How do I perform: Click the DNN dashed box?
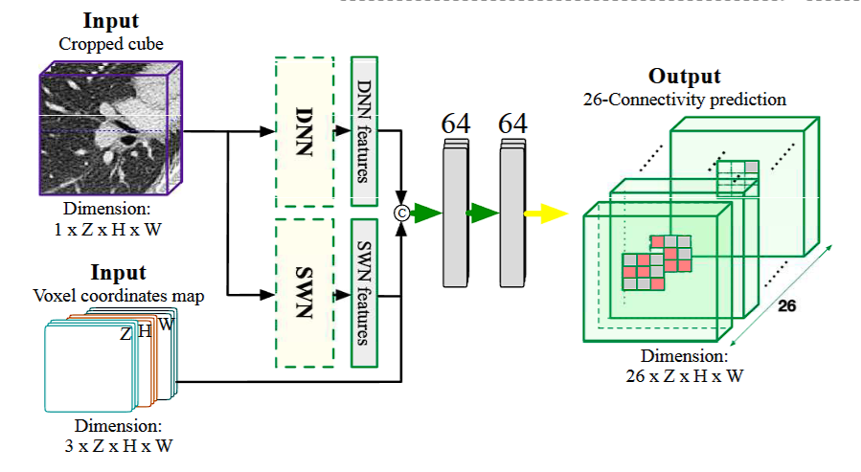304,131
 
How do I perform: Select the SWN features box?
365,293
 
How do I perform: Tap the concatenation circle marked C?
402,214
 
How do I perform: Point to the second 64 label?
513,124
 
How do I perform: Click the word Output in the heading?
684,77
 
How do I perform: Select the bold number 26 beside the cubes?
786,306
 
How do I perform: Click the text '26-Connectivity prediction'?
684,99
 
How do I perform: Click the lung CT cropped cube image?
110,124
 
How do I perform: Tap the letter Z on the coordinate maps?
125,334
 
